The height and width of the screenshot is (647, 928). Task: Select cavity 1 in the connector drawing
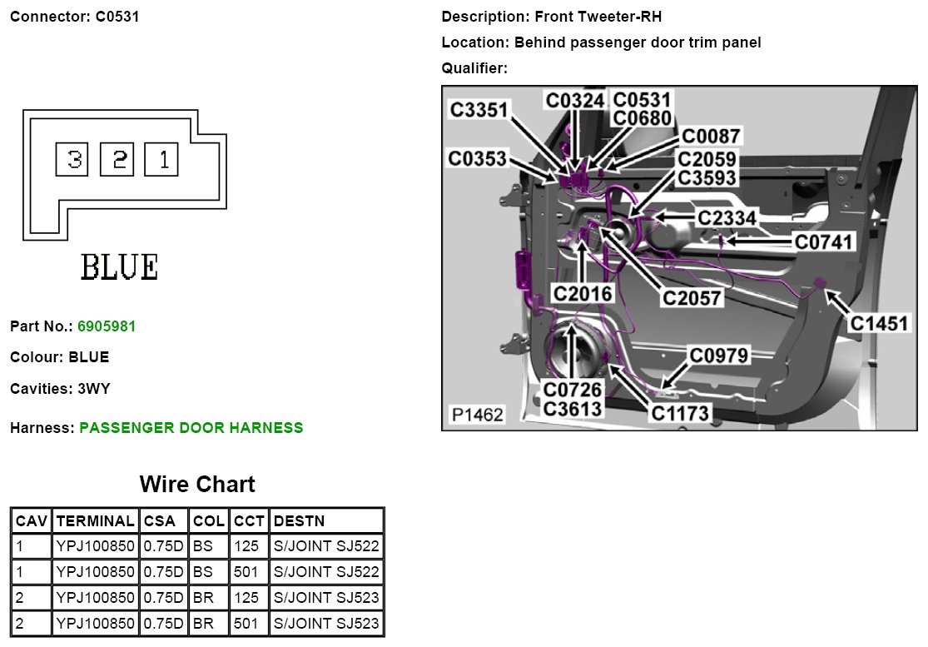coord(161,159)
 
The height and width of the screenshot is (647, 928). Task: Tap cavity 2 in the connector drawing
coord(117,159)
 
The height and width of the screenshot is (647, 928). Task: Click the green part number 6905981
coord(107,326)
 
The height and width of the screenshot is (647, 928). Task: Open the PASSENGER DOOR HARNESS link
coord(191,428)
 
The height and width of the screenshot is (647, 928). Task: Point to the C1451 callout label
coord(879,323)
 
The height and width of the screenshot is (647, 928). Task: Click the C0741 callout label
coord(824,241)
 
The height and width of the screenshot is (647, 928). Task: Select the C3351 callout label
coord(479,109)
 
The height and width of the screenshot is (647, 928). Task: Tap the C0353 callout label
coord(477,158)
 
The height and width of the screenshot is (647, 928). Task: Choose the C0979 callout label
coord(719,356)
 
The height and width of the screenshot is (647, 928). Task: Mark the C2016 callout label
coord(583,293)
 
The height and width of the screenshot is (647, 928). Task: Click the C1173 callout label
coord(680,412)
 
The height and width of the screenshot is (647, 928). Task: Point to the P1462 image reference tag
coord(477,414)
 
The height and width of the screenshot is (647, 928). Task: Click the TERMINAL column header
coord(95,521)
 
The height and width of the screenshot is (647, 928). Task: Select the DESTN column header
coord(299,521)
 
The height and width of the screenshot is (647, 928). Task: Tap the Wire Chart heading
coord(197,484)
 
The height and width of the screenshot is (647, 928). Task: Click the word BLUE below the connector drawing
coord(119,267)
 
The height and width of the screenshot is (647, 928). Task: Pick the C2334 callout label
coord(727,218)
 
